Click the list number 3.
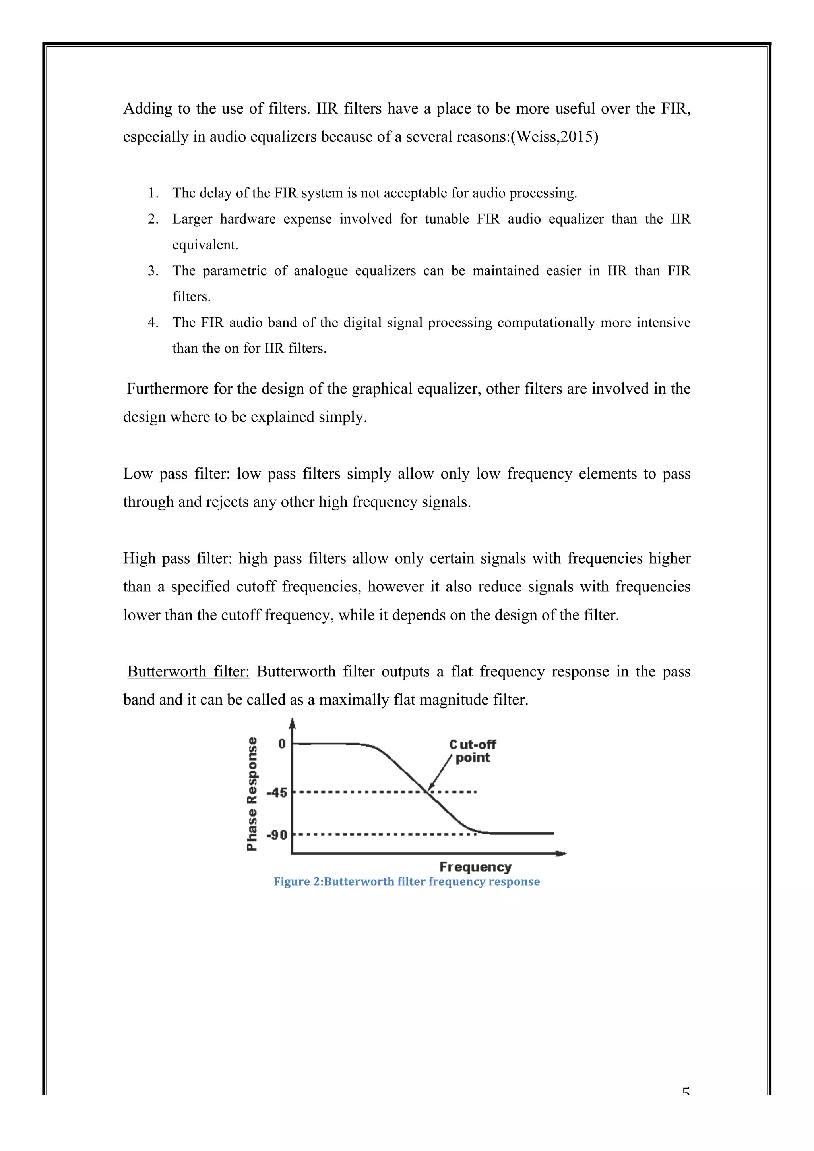(x=153, y=271)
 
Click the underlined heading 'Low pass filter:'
(x=179, y=474)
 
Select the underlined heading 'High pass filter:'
(x=178, y=558)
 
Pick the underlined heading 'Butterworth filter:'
(x=188, y=672)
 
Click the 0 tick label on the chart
(x=282, y=744)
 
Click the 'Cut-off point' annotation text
(x=473, y=751)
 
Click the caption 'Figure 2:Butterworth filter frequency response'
(x=406, y=882)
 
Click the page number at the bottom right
(x=686, y=1091)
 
